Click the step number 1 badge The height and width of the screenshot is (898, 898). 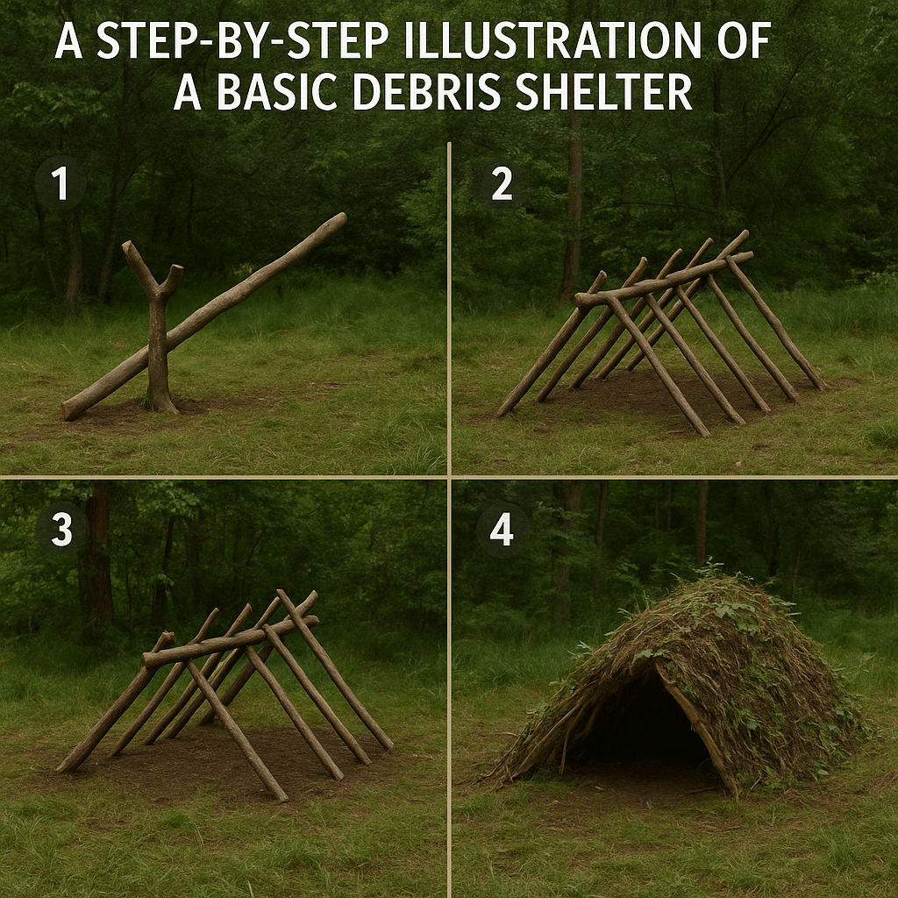60,186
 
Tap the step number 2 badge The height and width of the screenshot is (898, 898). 501,186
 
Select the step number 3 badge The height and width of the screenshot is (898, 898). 61,531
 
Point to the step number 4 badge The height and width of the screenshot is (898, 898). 501,531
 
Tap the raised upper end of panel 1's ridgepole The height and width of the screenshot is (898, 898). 333,222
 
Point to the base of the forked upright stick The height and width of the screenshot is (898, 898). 160,403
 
